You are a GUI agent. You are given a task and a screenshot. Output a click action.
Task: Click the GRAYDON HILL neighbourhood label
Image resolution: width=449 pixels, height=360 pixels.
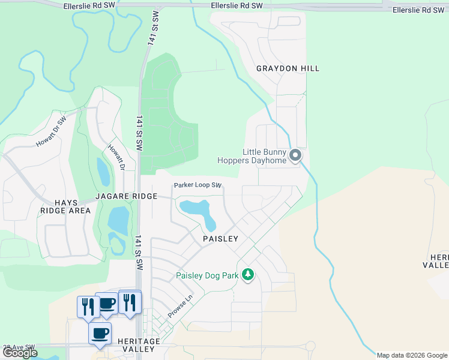[x=288, y=68]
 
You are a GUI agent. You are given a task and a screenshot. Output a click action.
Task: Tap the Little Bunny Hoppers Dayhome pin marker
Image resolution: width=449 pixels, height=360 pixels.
[x=295, y=156]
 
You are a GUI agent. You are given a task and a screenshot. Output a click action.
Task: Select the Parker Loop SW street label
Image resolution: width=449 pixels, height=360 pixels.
[x=198, y=185]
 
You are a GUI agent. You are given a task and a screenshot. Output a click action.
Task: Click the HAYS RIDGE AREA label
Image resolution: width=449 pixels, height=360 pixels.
[x=65, y=206]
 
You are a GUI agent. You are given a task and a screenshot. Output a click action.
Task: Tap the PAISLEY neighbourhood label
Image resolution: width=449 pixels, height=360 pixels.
[x=220, y=238]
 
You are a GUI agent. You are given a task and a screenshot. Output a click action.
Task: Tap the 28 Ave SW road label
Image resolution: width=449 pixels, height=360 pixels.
[x=19, y=347]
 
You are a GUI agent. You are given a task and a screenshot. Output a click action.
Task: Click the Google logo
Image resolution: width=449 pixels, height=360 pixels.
[x=20, y=353]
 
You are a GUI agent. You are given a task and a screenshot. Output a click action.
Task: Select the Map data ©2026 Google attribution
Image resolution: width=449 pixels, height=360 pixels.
[x=412, y=355]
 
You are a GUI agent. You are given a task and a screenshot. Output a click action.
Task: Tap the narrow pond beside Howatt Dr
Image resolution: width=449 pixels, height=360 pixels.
[x=103, y=172]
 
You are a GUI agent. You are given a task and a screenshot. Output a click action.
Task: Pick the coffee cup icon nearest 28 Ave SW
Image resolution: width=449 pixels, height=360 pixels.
[x=100, y=333]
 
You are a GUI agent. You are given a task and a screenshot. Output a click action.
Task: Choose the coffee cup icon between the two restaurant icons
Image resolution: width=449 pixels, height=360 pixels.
[x=106, y=304]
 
